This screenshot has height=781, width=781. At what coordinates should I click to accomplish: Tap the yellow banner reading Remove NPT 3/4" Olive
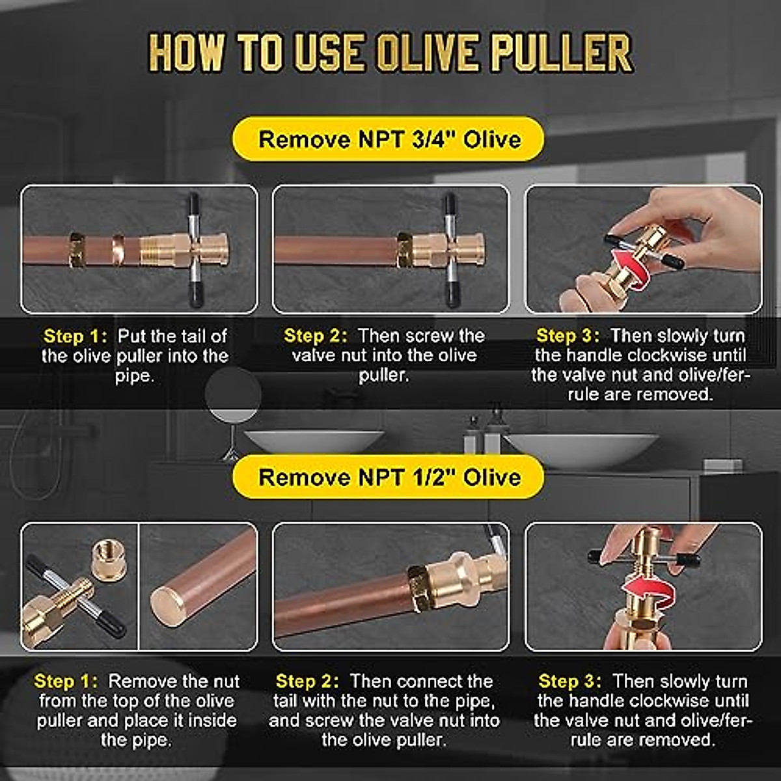point(389,139)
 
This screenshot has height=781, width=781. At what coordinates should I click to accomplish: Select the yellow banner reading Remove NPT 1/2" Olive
point(389,477)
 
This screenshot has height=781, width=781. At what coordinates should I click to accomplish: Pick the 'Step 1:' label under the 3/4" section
point(74,336)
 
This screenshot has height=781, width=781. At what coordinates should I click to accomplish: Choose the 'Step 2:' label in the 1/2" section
point(307,681)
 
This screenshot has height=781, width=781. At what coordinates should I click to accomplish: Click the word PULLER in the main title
point(561,53)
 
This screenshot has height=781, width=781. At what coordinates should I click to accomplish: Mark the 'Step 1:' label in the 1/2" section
point(66,681)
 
